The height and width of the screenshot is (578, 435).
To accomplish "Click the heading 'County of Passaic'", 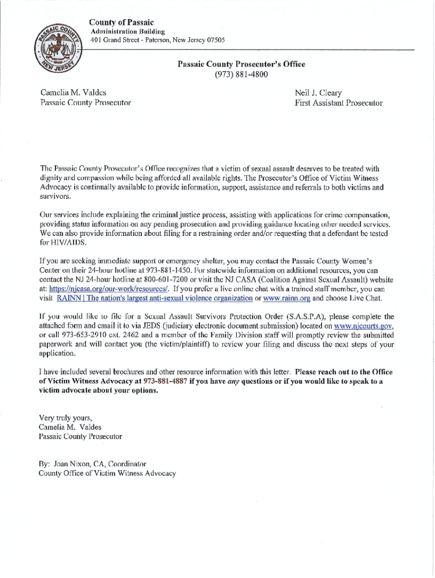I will [121, 22].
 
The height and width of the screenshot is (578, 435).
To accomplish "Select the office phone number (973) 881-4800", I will [241, 75].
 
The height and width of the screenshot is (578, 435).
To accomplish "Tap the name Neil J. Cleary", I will [318, 93].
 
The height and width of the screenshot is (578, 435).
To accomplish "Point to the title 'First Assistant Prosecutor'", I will [338, 103].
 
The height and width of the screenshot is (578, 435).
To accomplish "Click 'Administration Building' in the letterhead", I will [128, 32].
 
